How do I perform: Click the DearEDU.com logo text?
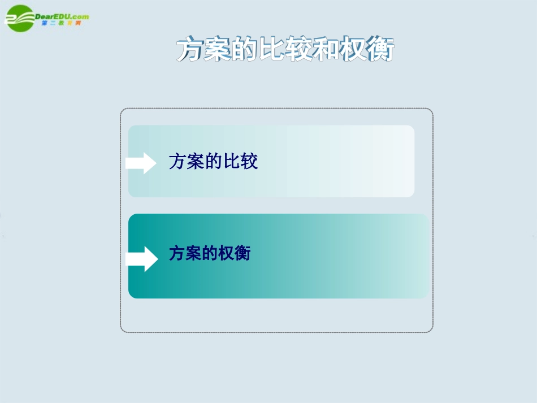62,16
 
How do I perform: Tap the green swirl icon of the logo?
18,18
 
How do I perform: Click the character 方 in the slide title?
189,50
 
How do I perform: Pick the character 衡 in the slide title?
380,50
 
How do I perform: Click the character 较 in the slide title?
299,50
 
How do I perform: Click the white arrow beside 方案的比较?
141,163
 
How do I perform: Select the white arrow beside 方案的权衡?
141,258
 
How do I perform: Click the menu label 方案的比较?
213,162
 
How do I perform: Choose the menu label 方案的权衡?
210,253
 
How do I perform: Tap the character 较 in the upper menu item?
249,162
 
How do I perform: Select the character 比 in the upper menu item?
231,162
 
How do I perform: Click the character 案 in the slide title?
217,50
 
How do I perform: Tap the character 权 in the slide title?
353,50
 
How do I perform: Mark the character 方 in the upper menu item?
177,162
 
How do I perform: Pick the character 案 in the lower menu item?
193,253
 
